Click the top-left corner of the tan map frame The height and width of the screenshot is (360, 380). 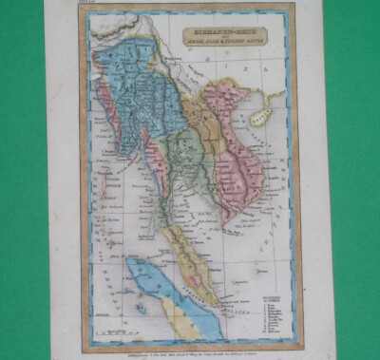[80, 9]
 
